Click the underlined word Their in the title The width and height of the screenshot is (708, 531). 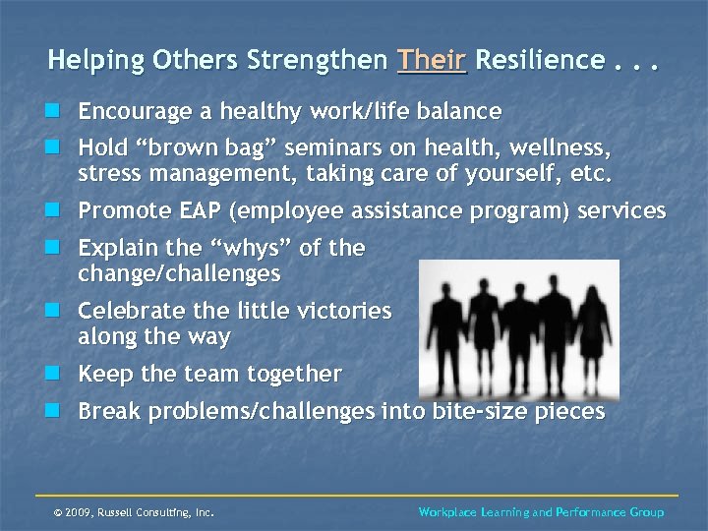432,60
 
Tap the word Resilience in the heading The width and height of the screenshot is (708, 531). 539,60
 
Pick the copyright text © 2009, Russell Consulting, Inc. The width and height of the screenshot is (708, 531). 134,512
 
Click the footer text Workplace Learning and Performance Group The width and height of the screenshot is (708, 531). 541,512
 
